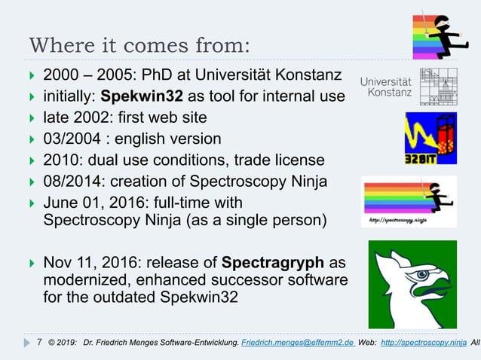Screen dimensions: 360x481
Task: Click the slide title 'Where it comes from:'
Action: (139, 44)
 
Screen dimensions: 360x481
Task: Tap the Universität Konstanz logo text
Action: (385, 87)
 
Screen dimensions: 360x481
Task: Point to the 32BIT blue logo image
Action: (430, 138)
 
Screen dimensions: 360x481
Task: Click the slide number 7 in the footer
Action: (39, 343)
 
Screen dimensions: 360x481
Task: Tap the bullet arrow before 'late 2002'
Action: (30, 118)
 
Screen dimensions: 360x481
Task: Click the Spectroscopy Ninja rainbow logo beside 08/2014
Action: (409, 201)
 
